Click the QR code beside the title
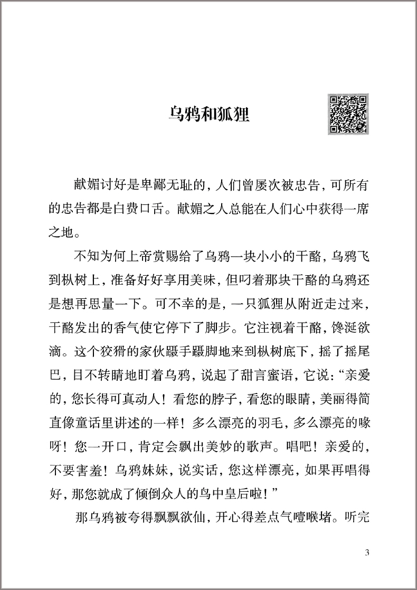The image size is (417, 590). tap(349, 114)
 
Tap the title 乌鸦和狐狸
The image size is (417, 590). tap(209, 114)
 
